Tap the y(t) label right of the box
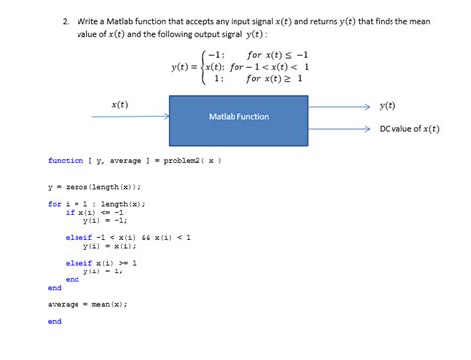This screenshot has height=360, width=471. (x=388, y=104)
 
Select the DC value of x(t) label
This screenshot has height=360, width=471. (x=410, y=128)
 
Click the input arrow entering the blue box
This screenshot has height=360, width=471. (x=139, y=116)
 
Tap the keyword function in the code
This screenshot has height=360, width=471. (x=65, y=159)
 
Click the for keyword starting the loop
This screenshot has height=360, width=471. (x=54, y=204)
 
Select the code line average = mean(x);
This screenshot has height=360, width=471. (x=87, y=304)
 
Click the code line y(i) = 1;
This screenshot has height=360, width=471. (x=103, y=270)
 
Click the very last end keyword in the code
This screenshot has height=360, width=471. (x=54, y=321)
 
